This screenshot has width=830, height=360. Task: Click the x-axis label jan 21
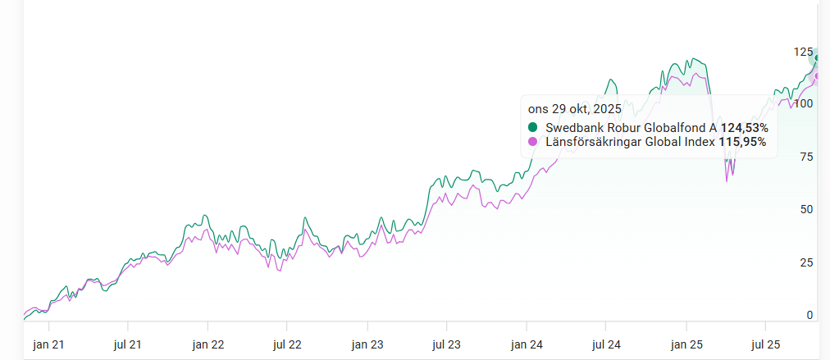(48, 345)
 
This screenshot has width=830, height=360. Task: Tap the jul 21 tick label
(128, 345)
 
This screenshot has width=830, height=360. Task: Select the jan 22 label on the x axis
(208, 345)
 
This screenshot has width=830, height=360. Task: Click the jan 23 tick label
(367, 345)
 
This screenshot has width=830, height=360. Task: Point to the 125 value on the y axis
(803, 52)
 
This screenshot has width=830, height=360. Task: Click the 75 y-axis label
(806, 157)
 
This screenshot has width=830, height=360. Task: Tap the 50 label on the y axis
(806, 209)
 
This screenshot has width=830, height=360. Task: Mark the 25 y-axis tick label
(806, 262)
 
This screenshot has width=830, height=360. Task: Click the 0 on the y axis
(809, 315)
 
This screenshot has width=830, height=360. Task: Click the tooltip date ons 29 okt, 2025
(574, 109)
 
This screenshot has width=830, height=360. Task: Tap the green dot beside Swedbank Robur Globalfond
(533, 127)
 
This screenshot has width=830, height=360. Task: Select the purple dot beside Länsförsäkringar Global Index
(533, 142)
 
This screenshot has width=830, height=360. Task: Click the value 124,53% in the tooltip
(744, 127)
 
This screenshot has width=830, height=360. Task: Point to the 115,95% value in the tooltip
(742, 142)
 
